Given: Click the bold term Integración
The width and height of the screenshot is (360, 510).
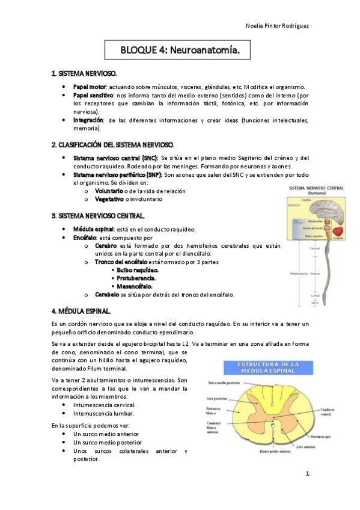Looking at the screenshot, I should click(88, 120).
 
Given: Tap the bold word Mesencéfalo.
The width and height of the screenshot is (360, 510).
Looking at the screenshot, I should click(135, 286).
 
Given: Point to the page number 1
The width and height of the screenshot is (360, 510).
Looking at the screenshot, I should click(307, 474).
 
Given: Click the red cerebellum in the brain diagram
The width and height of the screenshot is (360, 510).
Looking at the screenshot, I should click(340, 230).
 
